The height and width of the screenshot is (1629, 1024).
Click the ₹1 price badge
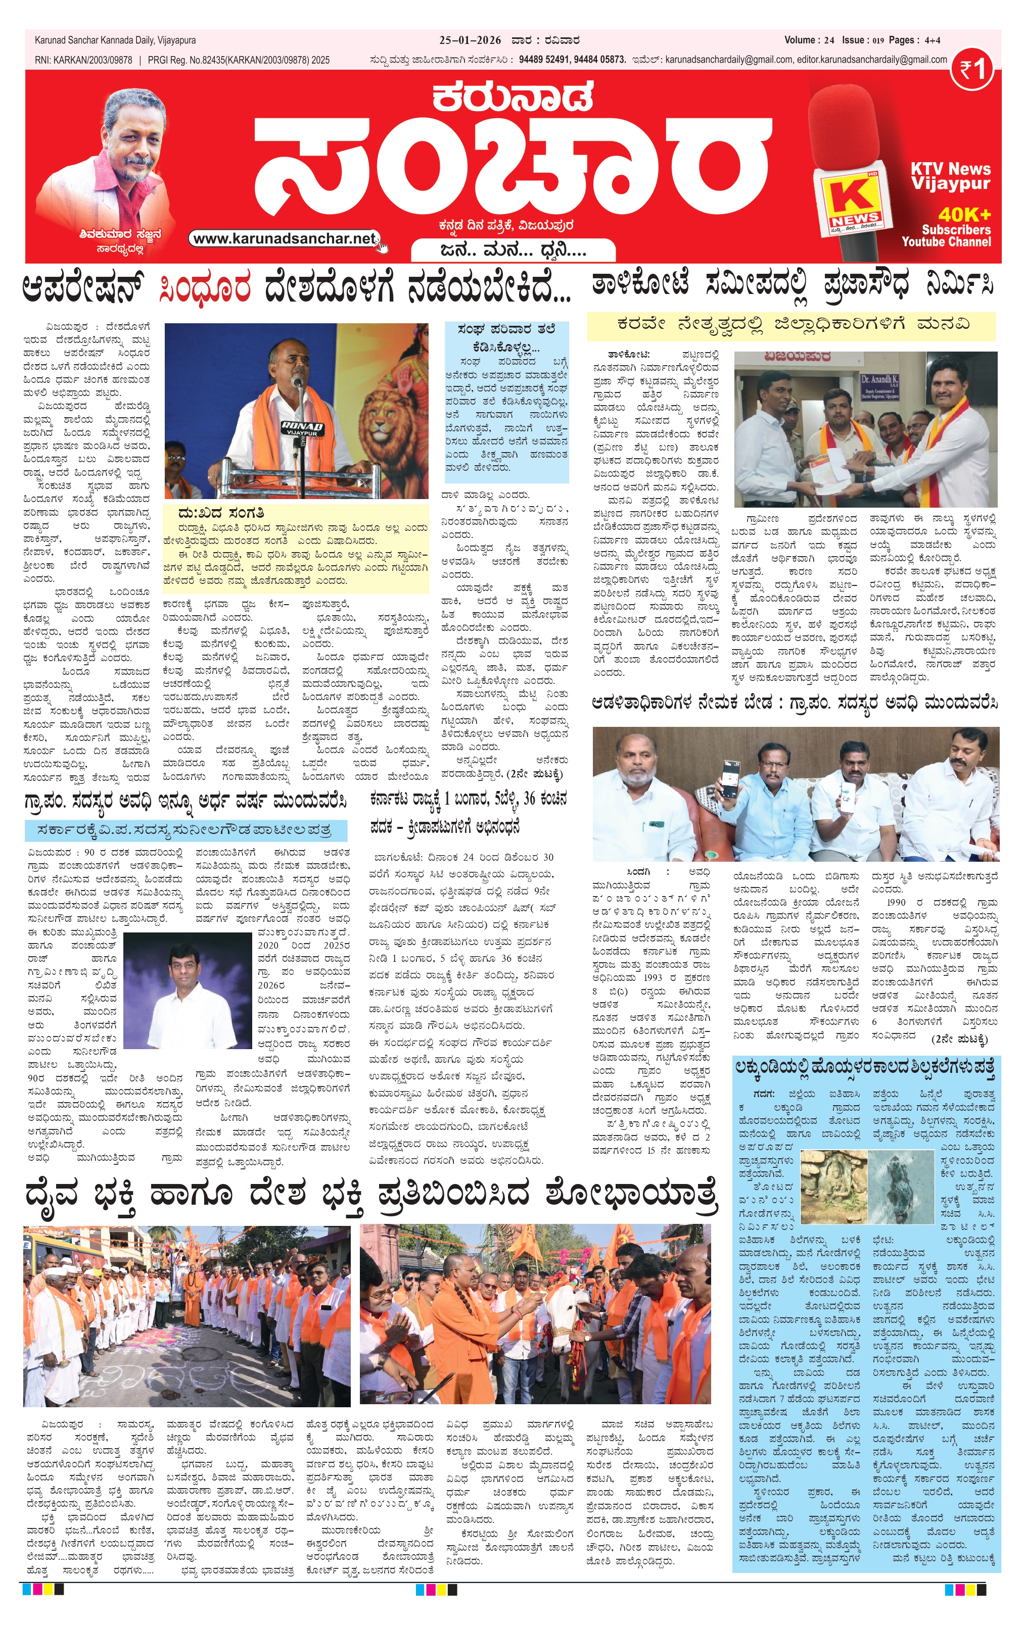[972, 69]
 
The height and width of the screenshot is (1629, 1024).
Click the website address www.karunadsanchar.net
[284, 239]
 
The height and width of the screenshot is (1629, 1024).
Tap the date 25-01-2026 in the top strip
[470, 40]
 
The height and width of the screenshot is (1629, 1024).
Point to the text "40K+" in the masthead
[964, 215]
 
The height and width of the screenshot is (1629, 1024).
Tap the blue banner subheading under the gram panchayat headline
[185, 829]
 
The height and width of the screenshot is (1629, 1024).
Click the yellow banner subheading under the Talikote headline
[790, 325]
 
